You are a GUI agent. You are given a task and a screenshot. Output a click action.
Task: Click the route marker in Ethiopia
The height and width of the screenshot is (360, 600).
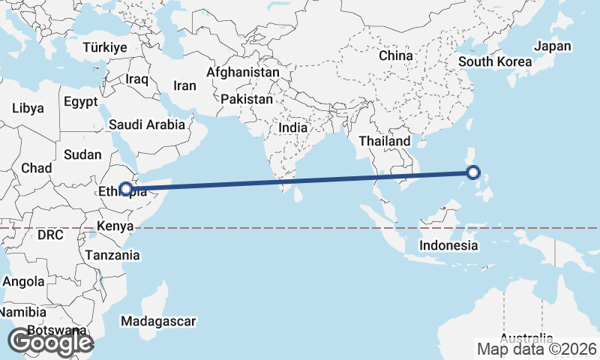(126, 189)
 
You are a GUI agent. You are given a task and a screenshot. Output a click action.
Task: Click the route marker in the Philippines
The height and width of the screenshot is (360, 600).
(473, 172)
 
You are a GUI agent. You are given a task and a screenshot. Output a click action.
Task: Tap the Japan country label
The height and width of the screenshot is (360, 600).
(553, 46)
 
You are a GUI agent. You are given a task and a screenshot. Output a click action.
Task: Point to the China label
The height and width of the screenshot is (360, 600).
(395, 55)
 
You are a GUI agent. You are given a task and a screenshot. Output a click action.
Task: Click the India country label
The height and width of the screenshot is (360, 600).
(292, 127)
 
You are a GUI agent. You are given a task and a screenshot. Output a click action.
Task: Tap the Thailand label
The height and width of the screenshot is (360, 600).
(385, 141)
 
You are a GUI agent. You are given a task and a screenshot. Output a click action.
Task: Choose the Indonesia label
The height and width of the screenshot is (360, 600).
(448, 245)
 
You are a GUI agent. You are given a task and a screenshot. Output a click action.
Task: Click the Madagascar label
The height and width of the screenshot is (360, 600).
(158, 321)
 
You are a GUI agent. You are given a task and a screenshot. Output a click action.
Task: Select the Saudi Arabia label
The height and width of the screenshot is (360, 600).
(147, 124)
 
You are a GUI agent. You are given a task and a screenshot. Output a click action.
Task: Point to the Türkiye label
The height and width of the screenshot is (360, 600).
(105, 47)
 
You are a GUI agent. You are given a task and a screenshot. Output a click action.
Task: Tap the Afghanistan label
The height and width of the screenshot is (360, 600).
(243, 73)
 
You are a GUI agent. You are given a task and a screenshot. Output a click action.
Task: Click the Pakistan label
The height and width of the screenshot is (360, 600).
(247, 99)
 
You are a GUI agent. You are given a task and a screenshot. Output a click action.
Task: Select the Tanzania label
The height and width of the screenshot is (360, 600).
(112, 255)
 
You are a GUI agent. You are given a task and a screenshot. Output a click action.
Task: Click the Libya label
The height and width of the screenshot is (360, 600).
(28, 108)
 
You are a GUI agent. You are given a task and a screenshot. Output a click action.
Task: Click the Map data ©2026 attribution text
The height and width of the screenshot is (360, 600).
(536, 349)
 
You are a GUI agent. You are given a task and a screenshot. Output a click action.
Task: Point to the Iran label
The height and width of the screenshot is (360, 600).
(184, 85)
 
